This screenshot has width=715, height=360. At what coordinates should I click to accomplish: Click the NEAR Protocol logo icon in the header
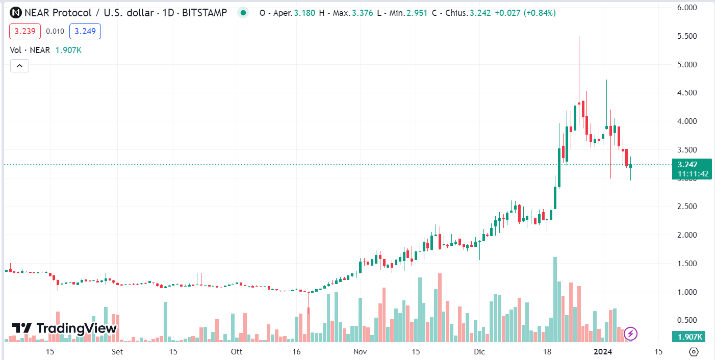[x=16, y=13]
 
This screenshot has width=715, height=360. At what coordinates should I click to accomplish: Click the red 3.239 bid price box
[x=25, y=32]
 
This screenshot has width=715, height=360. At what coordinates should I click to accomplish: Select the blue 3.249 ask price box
[x=85, y=32]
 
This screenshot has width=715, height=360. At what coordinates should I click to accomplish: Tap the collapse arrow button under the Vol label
[x=19, y=65]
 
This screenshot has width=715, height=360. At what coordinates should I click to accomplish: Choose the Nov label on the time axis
[x=360, y=352]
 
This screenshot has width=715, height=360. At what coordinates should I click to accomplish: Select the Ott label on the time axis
[x=236, y=352]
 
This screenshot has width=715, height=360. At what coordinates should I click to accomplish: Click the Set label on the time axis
[x=117, y=352]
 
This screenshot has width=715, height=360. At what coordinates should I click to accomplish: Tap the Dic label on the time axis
[x=479, y=352]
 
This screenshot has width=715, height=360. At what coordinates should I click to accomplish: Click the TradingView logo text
[x=65, y=328]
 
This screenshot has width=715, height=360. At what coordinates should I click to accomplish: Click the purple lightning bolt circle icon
[x=631, y=334]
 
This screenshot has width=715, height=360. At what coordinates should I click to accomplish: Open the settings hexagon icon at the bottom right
[x=694, y=352]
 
